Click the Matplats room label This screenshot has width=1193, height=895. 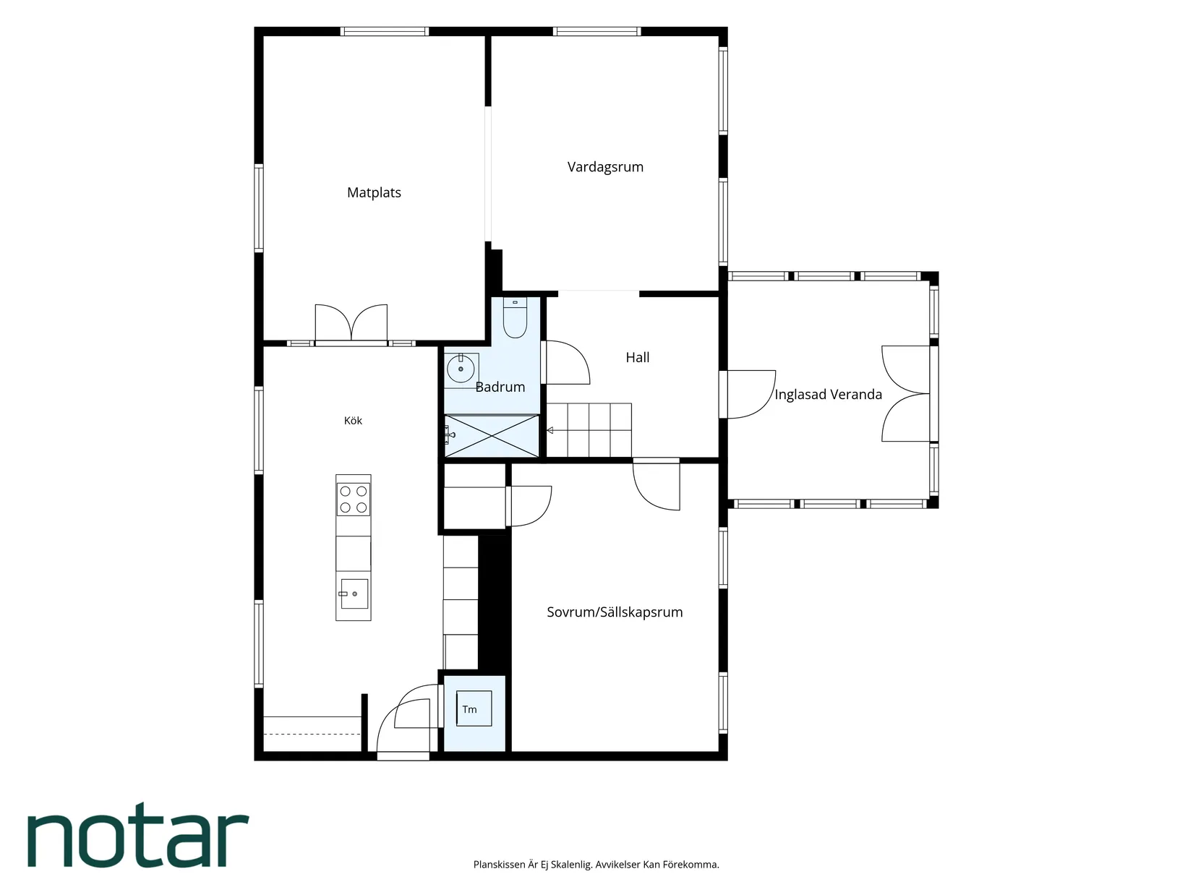pos(374,192)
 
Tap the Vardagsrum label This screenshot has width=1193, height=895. pos(605,167)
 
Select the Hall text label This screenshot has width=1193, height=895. pos(637,358)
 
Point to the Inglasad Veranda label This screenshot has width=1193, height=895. pos(828,395)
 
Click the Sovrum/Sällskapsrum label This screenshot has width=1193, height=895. pos(614,612)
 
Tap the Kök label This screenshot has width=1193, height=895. pos(353,421)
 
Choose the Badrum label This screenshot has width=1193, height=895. pos(500,387)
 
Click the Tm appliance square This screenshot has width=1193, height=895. pos(474,708)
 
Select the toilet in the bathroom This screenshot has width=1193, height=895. pos(515,318)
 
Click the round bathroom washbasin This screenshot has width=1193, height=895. pos(461,369)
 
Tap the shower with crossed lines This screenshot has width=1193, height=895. pos(492,436)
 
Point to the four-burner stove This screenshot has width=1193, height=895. pos(354,500)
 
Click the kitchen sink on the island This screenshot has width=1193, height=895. pos(354,594)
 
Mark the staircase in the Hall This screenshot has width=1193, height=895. pos(589,430)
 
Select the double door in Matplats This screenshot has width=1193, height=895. pos(351,324)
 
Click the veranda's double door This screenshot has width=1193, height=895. pos(906,393)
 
